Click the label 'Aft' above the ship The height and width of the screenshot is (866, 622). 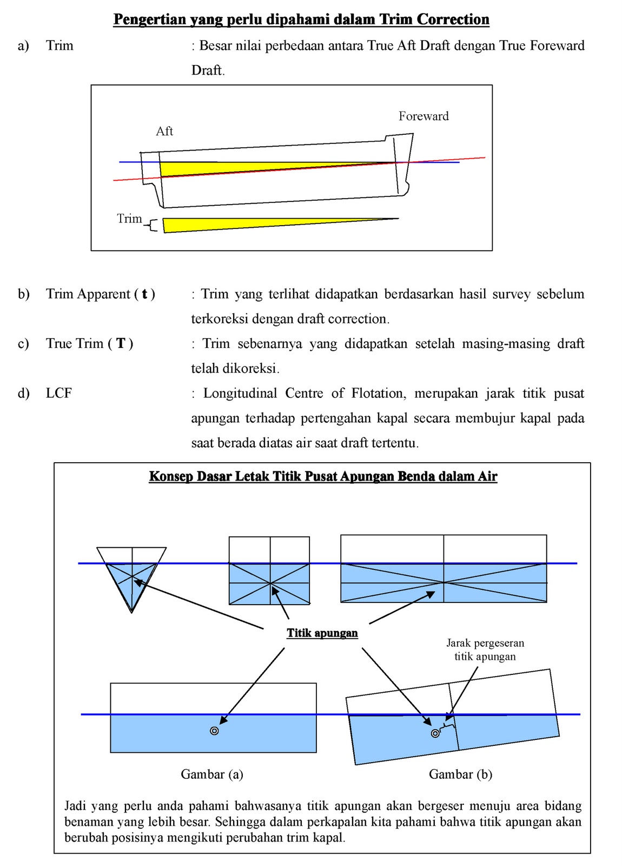point(164,131)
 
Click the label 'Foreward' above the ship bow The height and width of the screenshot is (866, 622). point(424,116)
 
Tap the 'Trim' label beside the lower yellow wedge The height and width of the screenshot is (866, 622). point(129,219)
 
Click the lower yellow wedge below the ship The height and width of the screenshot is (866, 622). point(243,224)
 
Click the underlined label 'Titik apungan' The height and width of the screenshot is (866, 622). point(322,633)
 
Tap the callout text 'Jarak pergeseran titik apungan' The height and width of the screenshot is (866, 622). point(485,649)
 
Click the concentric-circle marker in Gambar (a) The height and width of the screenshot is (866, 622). point(214,731)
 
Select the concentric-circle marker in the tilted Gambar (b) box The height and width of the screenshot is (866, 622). point(435,733)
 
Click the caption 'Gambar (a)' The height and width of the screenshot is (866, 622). point(212,774)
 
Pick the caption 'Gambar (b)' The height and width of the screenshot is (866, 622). point(460,774)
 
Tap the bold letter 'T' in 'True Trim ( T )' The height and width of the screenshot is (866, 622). point(121,344)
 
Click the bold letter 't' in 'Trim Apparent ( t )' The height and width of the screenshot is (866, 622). point(144,294)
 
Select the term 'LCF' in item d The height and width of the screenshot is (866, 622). point(58,393)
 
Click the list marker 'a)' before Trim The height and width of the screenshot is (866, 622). point(23,45)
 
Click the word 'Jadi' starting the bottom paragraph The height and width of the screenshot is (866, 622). point(75,806)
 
